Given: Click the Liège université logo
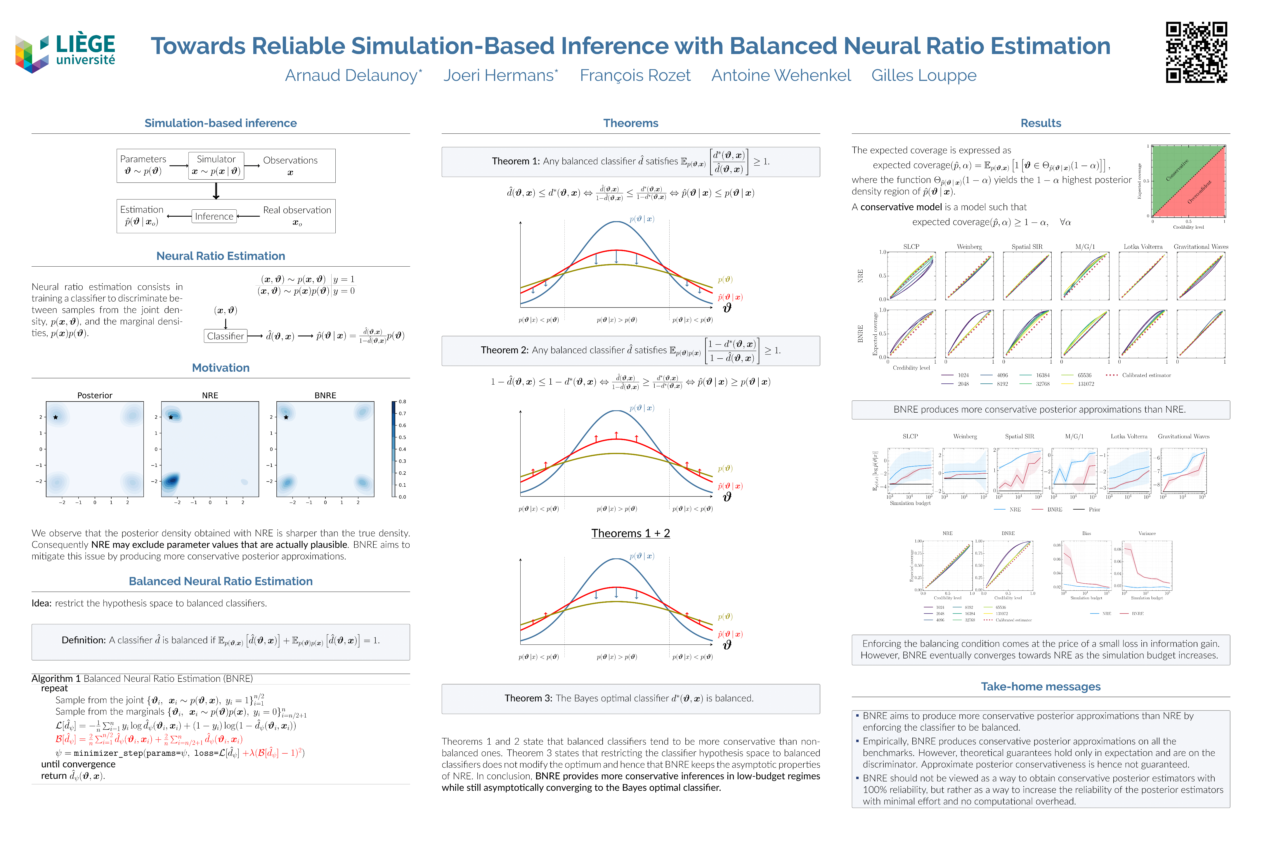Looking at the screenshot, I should point(65,52).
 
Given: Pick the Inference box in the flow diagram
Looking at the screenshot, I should point(214,216).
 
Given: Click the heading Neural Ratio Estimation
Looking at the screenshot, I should point(221,256).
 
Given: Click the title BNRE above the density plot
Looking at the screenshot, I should point(325,395).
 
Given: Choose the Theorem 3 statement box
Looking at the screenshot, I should point(630,698).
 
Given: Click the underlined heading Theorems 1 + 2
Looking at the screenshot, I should point(630,533).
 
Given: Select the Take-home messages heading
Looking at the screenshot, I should point(1040,687).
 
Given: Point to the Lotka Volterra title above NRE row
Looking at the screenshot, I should point(1143,247).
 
